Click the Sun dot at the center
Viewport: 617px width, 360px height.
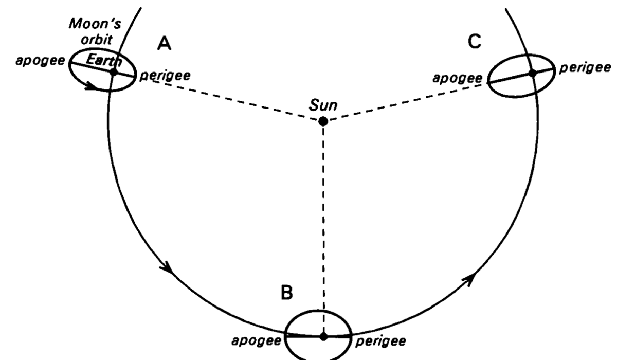(323, 121)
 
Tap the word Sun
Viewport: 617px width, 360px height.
(323, 105)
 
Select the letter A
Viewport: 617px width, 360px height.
(164, 44)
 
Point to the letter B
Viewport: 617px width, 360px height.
(287, 293)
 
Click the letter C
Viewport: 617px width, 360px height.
(474, 42)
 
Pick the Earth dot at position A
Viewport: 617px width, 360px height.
(114, 72)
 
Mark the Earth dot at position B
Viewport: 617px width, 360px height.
(323, 336)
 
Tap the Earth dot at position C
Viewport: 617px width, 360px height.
(533, 73)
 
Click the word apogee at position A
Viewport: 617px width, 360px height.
(40, 61)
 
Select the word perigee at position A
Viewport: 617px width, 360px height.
(165, 76)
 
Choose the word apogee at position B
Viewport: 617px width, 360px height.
(256, 341)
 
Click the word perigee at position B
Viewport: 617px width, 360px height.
(380, 342)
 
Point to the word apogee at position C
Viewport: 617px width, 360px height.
(458, 79)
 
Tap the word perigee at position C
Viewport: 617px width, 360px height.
(585, 68)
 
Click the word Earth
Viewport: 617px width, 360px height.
(104, 60)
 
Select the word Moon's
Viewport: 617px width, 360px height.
(95, 24)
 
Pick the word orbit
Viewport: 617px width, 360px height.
(96, 40)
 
